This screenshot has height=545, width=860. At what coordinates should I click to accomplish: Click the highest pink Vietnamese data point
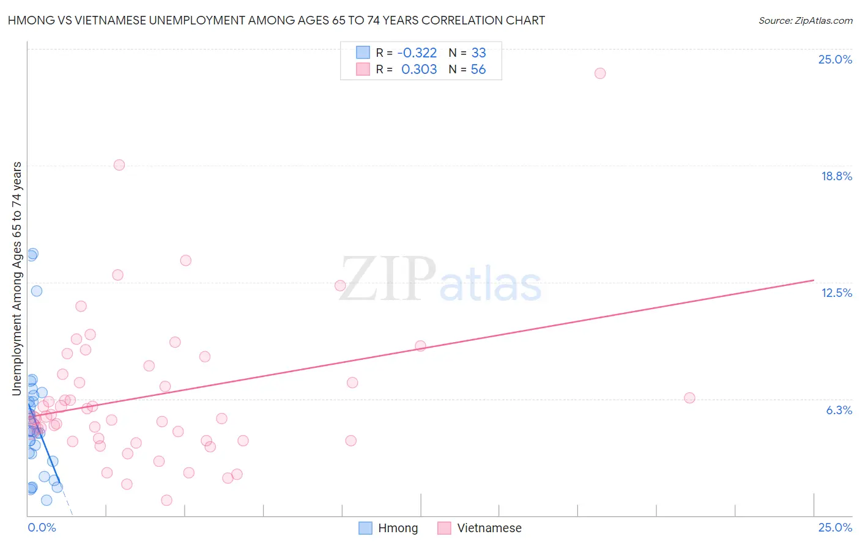pyautogui.click(x=600, y=73)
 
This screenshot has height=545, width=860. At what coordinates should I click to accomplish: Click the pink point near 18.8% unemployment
pyautogui.click(x=119, y=165)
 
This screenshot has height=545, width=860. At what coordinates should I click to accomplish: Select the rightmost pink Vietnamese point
pyautogui.click(x=689, y=398)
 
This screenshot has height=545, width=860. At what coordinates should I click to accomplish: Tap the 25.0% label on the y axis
pyautogui.click(x=835, y=59)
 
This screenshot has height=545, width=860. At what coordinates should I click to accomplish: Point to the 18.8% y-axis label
pyautogui.click(x=836, y=176)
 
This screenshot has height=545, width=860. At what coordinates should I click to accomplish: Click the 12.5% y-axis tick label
pyautogui.click(x=836, y=293)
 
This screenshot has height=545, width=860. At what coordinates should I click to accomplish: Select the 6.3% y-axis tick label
pyautogui.click(x=839, y=410)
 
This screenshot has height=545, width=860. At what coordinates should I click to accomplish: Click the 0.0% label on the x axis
pyautogui.click(x=42, y=527)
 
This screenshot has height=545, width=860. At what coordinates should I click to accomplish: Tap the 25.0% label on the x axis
pyautogui.click(x=835, y=527)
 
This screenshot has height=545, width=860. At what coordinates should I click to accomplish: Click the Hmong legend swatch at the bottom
pyautogui.click(x=365, y=528)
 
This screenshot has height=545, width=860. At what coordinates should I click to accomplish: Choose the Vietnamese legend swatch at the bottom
pyautogui.click(x=445, y=528)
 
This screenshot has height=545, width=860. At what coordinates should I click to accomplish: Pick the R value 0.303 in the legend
pyautogui.click(x=419, y=70)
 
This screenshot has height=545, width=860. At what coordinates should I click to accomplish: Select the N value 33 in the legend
pyautogui.click(x=478, y=53)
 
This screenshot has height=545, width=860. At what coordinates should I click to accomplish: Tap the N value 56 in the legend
pyautogui.click(x=478, y=70)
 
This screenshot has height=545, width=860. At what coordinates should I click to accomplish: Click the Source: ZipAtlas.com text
pyautogui.click(x=805, y=20)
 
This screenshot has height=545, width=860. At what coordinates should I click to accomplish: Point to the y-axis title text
pyautogui.click(x=17, y=278)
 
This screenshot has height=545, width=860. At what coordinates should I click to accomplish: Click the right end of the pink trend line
pyautogui.click(x=814, y=280)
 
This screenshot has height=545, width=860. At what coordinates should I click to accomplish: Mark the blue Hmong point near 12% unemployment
pyautogui.click(x=37, y=291)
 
